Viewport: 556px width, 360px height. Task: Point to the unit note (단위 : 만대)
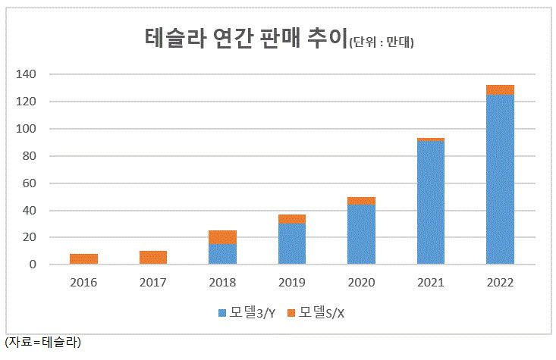coord(386,41)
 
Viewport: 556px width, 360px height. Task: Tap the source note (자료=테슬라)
coord(42,342)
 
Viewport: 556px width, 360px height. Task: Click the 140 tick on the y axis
coord(27,74)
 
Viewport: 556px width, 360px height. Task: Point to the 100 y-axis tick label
coord(27,129)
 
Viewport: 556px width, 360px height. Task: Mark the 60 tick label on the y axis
coord(29,183)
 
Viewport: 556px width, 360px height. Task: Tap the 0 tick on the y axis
coord(32,265)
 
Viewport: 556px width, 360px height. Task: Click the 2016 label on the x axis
coord(83,282)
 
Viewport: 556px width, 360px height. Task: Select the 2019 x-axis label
coord(292,282)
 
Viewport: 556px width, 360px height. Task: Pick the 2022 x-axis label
coord(501,282)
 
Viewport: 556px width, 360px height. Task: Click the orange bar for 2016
coord(83,259)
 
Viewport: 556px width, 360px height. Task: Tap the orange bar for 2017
coord(153,258)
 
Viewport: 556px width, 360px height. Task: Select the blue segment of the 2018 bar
coord(222,254)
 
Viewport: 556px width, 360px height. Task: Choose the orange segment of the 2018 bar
coord(222,237)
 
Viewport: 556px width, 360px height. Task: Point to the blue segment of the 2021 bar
coord(431,202)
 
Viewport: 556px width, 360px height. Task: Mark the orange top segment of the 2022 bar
coord(501,90)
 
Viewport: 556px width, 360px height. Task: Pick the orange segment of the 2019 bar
coord(292,219)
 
